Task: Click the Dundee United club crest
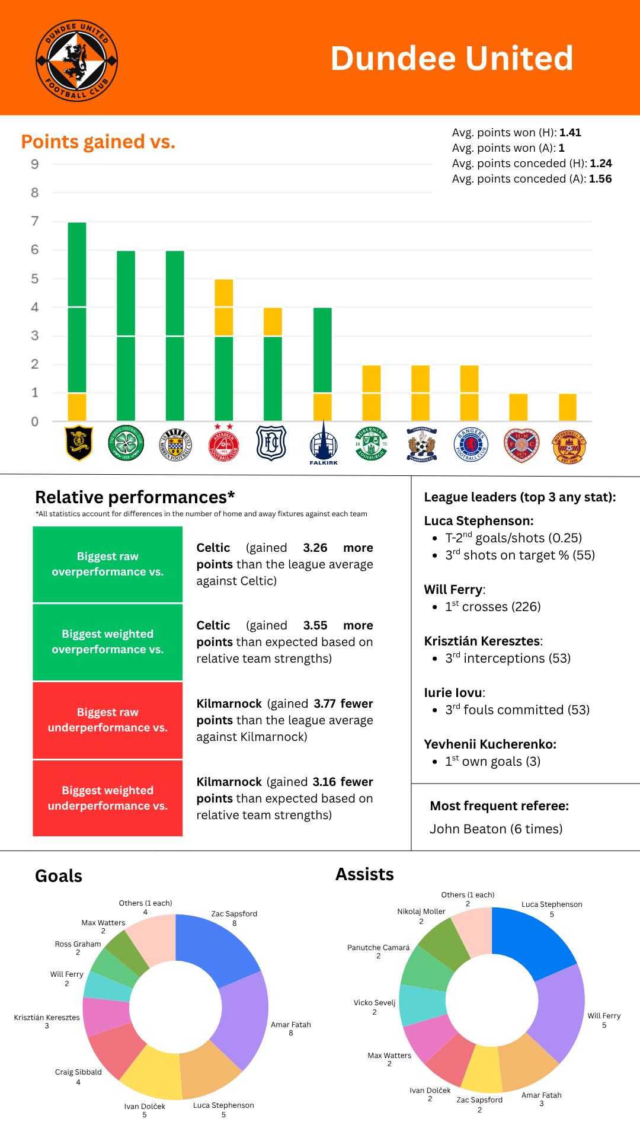click(77, 60)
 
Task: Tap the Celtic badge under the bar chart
click(126, 443)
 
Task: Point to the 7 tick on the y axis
click(35, 221)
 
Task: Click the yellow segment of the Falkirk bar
click(322, 407)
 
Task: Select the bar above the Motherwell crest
click(567, 407)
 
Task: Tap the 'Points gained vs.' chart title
click(98, 142)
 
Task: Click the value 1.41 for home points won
click(570, 133)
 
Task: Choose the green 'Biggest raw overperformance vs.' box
click(107, 564)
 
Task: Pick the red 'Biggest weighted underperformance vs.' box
click(107, 798)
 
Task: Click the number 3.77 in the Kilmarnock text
click(324, 704)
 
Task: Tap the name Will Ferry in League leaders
click(453, 590)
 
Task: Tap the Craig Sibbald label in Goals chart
click(78, 1072)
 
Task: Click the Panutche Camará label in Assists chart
click(378, 948)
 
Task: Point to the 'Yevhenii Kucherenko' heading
click(490, 744)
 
